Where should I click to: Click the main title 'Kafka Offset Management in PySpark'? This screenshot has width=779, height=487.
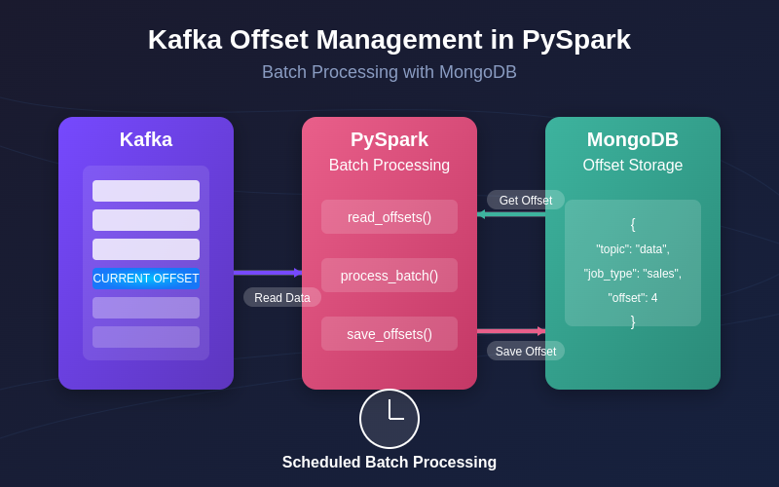389,40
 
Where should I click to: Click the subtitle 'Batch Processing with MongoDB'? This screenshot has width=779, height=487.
389,72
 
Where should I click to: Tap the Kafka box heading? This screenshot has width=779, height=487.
146,139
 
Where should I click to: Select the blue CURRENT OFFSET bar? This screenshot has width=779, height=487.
146,279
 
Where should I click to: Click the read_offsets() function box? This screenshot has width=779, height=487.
389,217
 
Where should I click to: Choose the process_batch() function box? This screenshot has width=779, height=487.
389,276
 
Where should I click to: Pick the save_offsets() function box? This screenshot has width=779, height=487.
389,334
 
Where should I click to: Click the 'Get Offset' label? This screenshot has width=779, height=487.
526,201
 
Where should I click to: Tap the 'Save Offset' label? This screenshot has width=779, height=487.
526,352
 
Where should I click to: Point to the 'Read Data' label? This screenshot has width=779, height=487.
282,298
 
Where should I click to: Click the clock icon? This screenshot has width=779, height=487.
389,419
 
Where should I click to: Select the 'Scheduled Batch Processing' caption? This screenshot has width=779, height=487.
389,463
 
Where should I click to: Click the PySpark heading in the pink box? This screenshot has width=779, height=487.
389,139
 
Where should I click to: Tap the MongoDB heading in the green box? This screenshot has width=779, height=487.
633,139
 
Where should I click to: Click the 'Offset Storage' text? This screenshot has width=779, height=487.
633,166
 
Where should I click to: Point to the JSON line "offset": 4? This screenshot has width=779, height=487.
633,298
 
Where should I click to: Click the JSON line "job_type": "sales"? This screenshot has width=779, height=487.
633,274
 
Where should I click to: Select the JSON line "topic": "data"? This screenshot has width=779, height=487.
633,249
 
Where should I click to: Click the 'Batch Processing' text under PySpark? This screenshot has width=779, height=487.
389,166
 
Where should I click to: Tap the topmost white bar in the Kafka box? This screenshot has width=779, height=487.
146,191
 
